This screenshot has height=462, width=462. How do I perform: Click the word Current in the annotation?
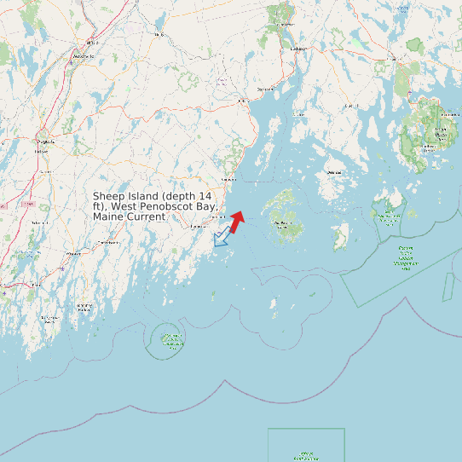[x=147, y=217]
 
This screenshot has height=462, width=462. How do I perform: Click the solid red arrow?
[x=236, y=221]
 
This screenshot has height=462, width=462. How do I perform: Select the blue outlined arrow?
[x=222, y=237]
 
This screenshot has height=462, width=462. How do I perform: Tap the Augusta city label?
[x=45, y=141]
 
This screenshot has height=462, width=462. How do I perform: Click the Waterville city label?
[x=84, y=55]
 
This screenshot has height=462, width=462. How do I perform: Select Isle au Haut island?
[x=341, y=236]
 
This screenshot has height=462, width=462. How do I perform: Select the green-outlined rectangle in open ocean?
[x=306, y=445]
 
